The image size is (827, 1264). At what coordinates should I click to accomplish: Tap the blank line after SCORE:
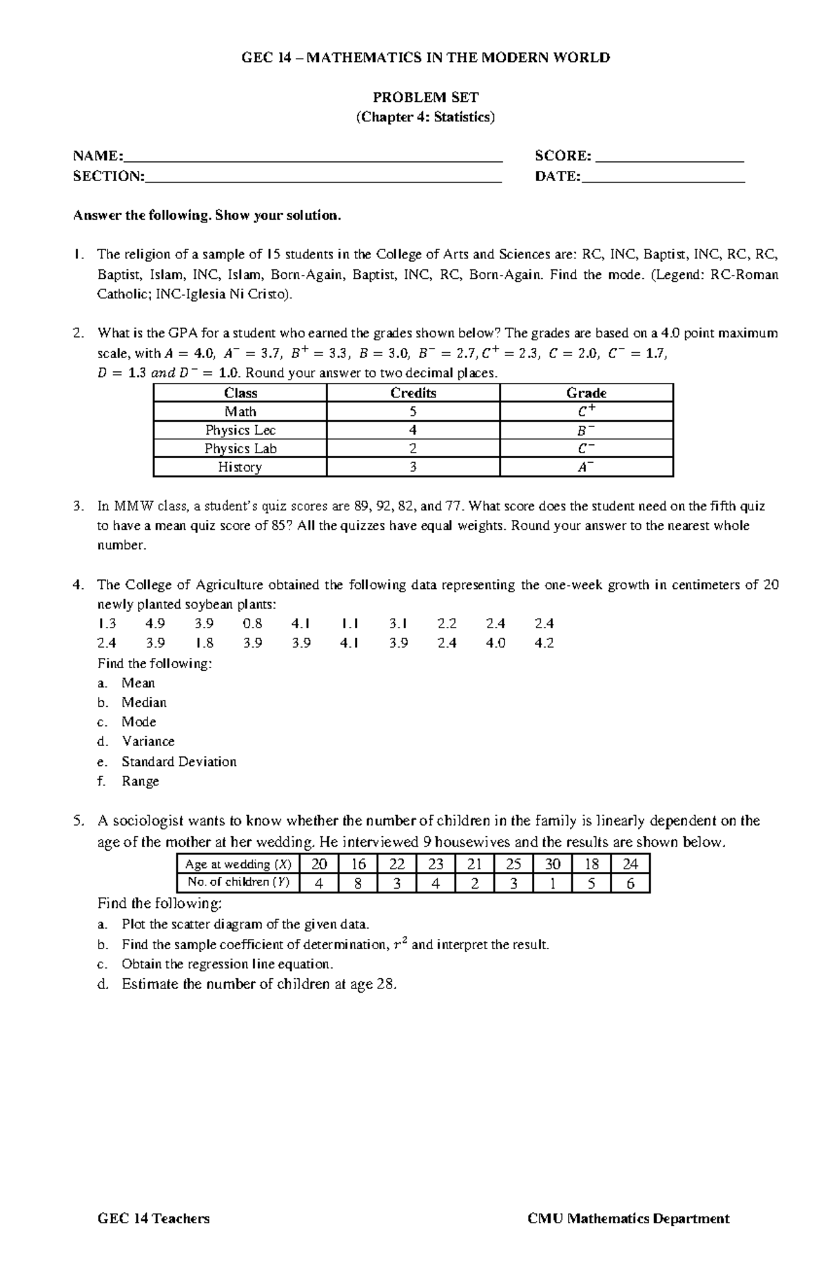(x=670, y=157)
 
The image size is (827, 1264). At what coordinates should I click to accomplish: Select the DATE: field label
(x=558, y=176)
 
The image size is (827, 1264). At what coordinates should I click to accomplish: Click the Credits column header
(x=413, y=393)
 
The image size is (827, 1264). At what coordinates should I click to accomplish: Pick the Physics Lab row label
(x=240, y=448)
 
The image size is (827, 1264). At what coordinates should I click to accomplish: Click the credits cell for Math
(x=413, y=412)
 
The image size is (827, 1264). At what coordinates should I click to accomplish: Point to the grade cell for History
(x=586, y=467)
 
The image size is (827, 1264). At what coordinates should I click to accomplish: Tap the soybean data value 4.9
(x=155, y=623)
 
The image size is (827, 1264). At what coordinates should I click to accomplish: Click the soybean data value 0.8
(x=252, y=623)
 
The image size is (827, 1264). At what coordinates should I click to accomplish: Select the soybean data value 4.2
(x=544, y=643)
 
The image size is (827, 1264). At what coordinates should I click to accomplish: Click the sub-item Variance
(x=147, y=742)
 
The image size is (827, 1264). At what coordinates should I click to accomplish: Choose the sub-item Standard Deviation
(x=178, y=762)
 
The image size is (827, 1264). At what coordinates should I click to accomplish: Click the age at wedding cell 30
(x=552, y=864)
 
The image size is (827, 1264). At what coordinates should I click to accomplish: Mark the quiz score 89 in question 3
(x=363, y=506)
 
